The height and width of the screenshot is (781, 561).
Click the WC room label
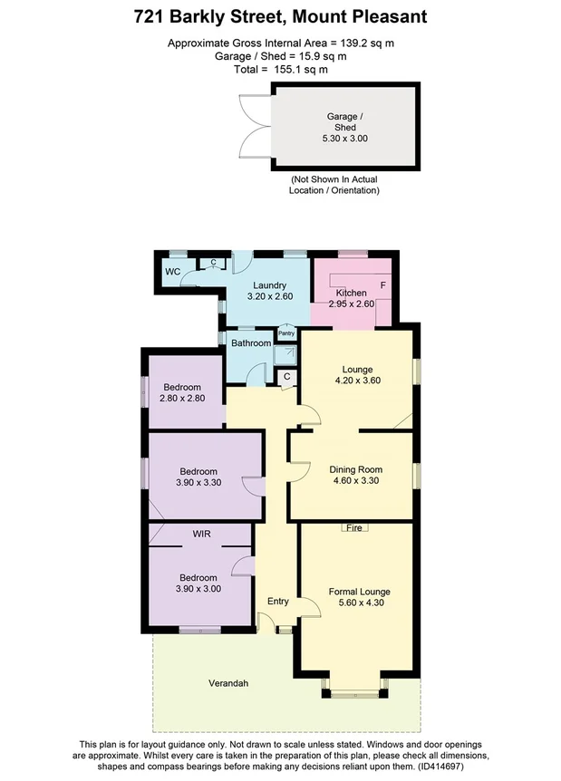pos(173,272)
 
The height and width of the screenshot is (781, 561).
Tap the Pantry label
pos(286,333)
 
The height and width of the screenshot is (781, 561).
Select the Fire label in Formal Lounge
pos(353,528)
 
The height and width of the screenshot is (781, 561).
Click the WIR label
pos(201,535)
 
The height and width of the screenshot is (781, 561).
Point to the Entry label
pos(277,601)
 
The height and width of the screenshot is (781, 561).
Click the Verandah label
pos(227,683)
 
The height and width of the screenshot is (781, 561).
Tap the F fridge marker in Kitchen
pos(382,285)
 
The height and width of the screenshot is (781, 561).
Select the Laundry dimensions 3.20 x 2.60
pos(269,296)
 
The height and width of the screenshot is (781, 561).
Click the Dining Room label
pos(355,469)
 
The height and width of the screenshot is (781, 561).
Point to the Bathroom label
pos(251,343)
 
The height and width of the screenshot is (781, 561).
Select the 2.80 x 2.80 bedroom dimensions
pos(186,398)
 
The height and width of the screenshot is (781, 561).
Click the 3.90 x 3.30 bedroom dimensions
pos(198,483)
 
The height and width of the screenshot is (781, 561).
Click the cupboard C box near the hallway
pos(286,376)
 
